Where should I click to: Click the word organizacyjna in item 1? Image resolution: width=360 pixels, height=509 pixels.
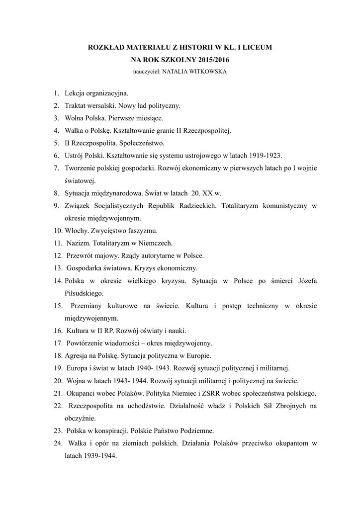coord(107,93)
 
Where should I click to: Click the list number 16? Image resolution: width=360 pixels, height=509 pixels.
coord(57,331)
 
